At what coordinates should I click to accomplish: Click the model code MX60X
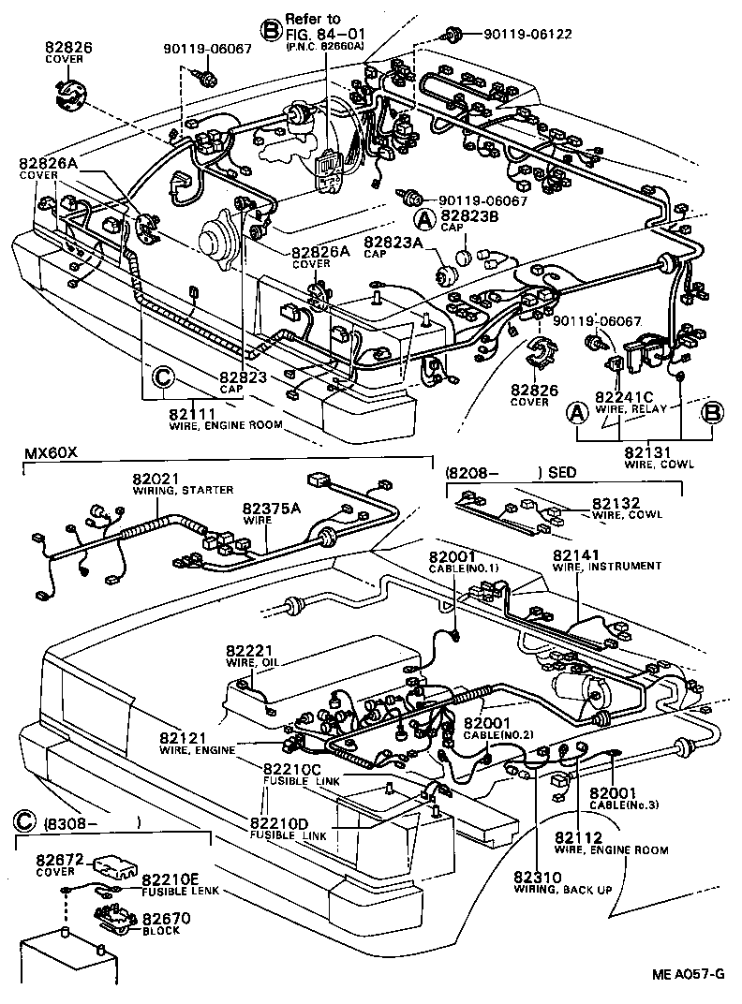coord(50,454)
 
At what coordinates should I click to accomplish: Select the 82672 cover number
coord(60,857)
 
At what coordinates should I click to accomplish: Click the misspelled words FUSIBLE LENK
coord(180,891)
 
